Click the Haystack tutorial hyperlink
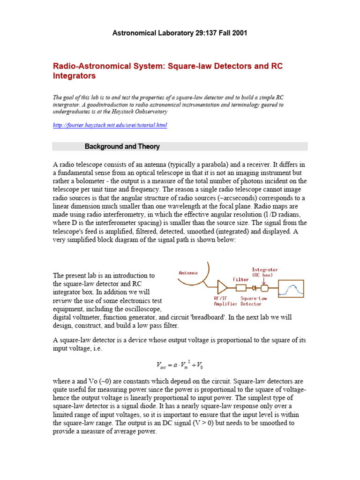pos(110,126)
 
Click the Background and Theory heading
pos(122,147)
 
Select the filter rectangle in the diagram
pos(241,287)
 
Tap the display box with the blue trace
pos(291,287)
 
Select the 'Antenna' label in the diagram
pos(188,273)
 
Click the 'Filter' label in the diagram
pos(241,279)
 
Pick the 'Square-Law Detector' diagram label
pos(255,300)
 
